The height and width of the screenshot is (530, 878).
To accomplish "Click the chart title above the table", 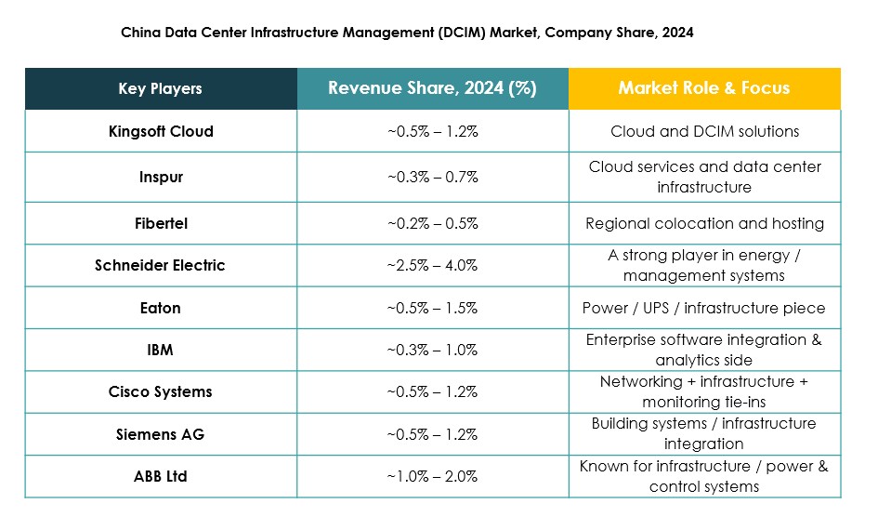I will [x=407, y=32].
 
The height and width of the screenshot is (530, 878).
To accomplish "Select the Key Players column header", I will [x=161, y=89].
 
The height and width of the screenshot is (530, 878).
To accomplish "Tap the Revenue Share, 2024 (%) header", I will [x=432, y=88].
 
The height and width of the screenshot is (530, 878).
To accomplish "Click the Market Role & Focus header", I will [x=704, y=88].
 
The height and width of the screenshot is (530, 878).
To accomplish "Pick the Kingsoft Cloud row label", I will [x=161, y=131].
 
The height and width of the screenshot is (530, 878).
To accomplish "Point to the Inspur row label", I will [x=161, y=177].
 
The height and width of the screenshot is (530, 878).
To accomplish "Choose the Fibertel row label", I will [x=161, y=223].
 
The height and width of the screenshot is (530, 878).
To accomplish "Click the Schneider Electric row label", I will [x=161, y=265].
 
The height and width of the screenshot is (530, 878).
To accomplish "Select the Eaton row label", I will [x=161, y=308].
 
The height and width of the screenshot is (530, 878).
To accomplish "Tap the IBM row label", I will [x=161, y=350].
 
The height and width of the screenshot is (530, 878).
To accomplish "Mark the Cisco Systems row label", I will [x=161, y=391].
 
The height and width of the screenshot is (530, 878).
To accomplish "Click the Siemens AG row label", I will [x=161, y=434].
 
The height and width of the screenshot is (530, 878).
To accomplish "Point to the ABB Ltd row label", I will [x=161, y=476].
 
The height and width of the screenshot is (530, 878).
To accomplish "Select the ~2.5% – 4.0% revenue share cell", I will [x=432, y=265].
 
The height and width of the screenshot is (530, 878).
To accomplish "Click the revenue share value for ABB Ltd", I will [x=432, y=476].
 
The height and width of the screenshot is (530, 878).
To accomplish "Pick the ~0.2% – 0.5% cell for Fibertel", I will [x=432, y=223].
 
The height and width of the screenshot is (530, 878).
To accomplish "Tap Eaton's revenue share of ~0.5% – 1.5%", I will [x=432, y=308].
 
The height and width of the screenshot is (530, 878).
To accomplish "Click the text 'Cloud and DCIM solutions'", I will [x=704, y=131].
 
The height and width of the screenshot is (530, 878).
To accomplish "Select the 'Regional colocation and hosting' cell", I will [x=704, y=223].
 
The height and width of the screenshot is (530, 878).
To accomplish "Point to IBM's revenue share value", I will [x=432, y=350].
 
